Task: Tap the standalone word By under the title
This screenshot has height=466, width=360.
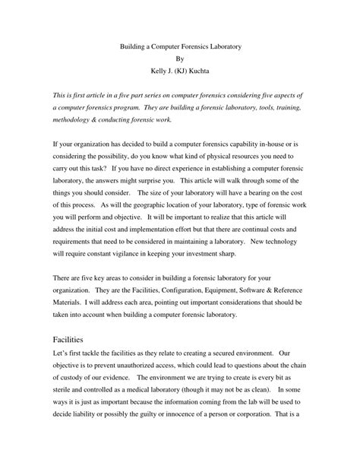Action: [179, 60]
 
